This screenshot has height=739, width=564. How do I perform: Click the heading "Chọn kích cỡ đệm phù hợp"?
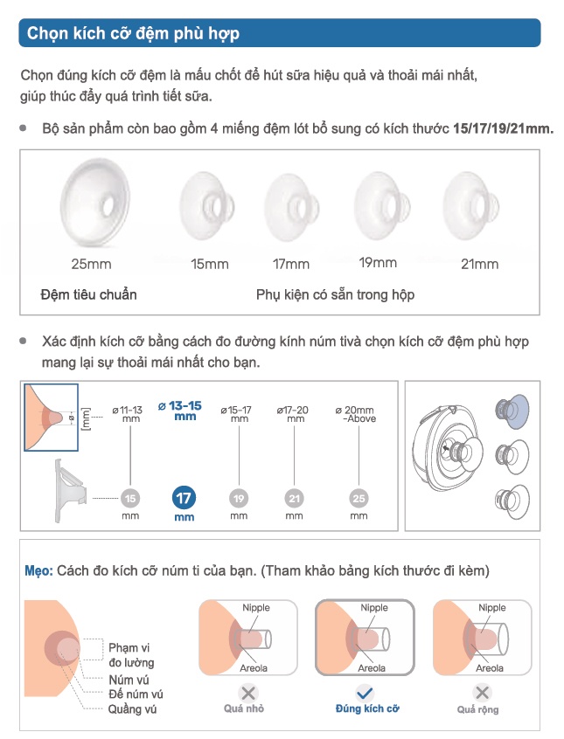134,34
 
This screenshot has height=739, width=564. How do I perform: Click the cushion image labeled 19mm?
377,204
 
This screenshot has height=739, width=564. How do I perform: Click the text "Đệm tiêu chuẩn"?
88,294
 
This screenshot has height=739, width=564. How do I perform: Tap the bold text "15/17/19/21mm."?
503,128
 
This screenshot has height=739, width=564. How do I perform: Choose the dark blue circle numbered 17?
185,500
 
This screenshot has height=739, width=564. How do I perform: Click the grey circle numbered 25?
359,500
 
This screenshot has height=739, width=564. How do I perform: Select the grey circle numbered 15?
130,500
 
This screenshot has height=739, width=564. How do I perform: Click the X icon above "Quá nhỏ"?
248,694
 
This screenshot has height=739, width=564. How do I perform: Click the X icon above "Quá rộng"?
478,694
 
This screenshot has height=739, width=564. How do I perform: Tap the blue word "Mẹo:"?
39,570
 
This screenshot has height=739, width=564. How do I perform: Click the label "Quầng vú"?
133,709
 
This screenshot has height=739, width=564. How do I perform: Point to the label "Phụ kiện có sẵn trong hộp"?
335,294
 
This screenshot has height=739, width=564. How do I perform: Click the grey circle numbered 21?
295,500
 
